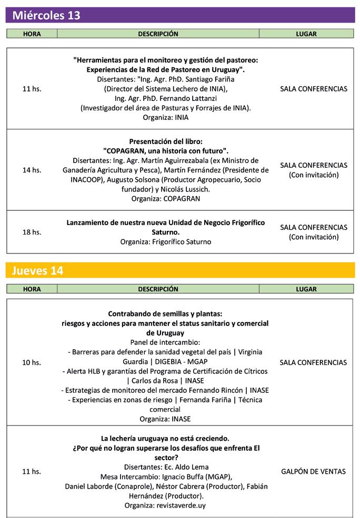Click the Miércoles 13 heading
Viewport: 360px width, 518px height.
click(46, 15)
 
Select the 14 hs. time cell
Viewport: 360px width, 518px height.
click(32, 170)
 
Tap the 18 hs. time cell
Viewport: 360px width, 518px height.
click(32, 232)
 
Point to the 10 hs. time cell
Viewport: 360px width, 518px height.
click(32, 362)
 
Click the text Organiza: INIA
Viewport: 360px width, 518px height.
click(165, 117)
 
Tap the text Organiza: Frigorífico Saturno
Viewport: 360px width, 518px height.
click(165, 241)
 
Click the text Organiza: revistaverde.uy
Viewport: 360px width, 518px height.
click(165, 505)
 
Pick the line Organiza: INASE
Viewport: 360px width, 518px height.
click(165, 419)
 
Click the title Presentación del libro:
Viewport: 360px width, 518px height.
click(165, 141)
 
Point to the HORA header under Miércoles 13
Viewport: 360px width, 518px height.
click(32, 34)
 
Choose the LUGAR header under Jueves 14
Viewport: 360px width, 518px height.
click(306, 289)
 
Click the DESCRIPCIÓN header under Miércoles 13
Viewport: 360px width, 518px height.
click(158, 34)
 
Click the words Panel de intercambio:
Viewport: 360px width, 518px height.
click(165, 342)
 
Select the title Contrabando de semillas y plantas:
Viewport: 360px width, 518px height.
click(165, 313)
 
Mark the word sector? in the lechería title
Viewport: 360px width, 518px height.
click(165, 458)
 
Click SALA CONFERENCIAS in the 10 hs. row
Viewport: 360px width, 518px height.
click(313, 362)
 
